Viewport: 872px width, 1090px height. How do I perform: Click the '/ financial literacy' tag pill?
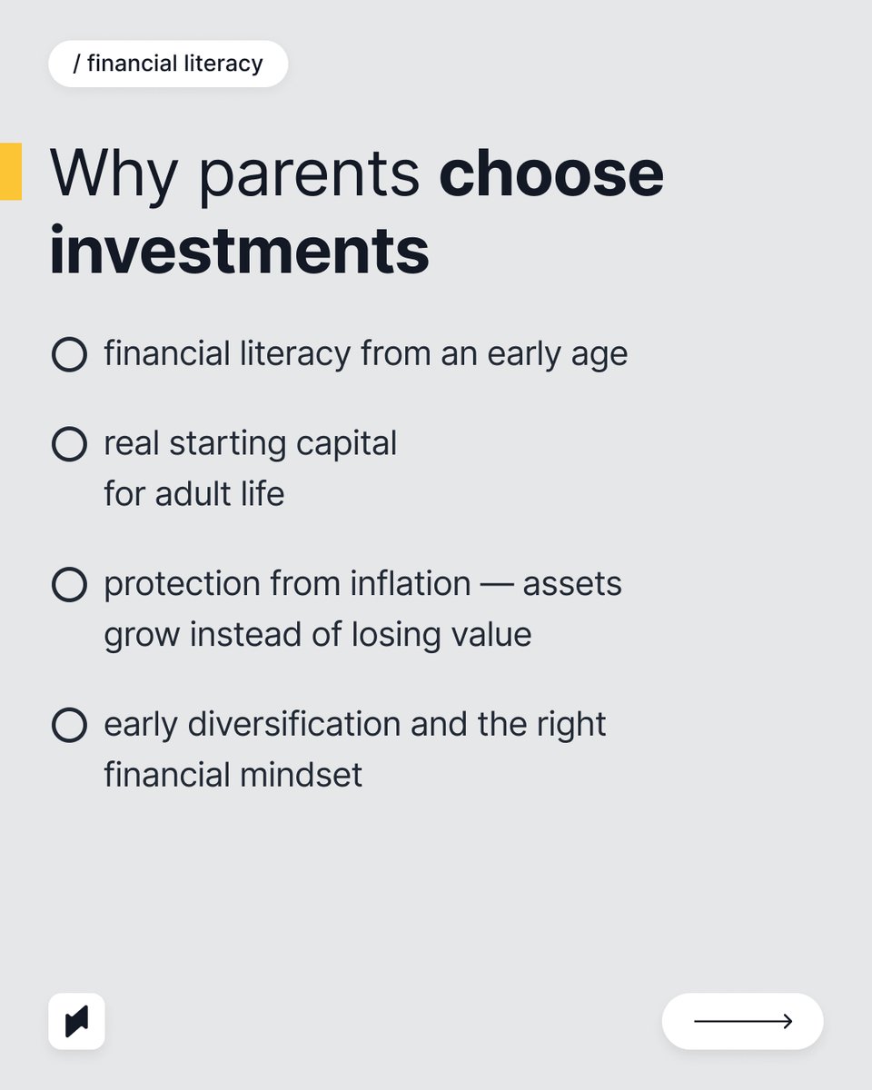168,64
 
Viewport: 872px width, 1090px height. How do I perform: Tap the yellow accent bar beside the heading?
10,171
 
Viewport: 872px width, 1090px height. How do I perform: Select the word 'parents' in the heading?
310,174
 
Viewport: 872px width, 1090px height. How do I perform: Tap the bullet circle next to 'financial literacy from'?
69,354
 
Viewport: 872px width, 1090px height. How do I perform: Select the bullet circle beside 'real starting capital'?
69,444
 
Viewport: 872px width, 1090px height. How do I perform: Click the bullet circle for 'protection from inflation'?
69,584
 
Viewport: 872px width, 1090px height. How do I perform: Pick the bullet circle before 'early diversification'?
69,726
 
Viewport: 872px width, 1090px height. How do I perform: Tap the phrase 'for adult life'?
193,494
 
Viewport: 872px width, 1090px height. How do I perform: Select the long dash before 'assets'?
497,584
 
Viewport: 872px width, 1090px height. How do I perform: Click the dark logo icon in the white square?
76,1022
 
